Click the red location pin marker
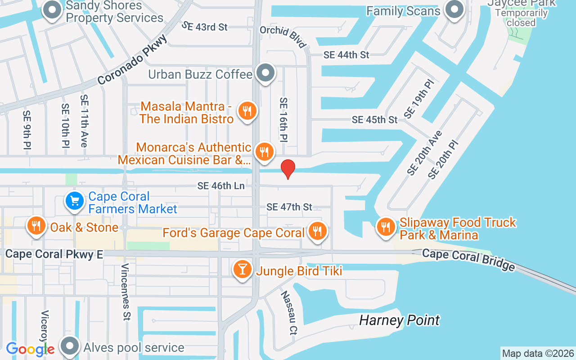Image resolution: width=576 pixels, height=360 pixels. click(x=288, y=169)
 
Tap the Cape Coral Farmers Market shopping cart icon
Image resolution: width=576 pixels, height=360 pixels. click(x=75, y=201)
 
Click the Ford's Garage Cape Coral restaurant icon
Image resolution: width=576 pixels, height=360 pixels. click(x=318, y=232)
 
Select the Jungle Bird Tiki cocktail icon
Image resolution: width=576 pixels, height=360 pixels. click(x=243, y=270)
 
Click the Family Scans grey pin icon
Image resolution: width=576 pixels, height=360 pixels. click(x=454, y=10)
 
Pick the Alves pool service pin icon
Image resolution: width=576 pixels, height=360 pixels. click(x=70, y=346)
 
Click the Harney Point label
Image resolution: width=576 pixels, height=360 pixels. click(x=399, y=320)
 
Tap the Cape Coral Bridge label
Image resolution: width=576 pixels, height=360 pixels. click(x=468, y=260)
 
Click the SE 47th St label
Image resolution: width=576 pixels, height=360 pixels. click(x=289, y=207)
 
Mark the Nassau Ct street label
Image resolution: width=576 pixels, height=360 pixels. click(x=289, y=313)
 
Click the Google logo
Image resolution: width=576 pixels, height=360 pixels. click(x=30, y=349)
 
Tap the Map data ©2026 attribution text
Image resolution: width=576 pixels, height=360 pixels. click(x=538, y=353)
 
